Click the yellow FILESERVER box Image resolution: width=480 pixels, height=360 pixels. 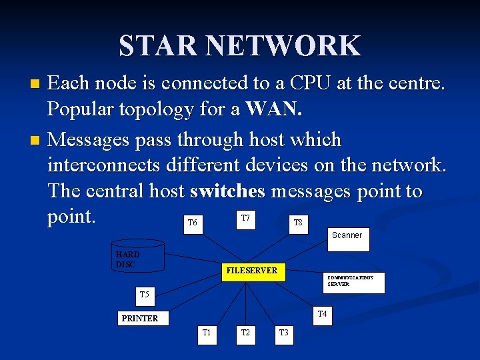(x=251, y=271)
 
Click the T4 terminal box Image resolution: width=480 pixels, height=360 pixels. (x=322, y=314)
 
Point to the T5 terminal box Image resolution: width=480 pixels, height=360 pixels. (x=144, y=294)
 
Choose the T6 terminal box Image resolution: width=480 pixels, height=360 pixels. (x=192, y=223)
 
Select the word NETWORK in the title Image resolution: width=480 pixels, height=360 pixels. (x=283, y=46)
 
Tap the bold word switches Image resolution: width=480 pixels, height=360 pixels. (x=227, y=191)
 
